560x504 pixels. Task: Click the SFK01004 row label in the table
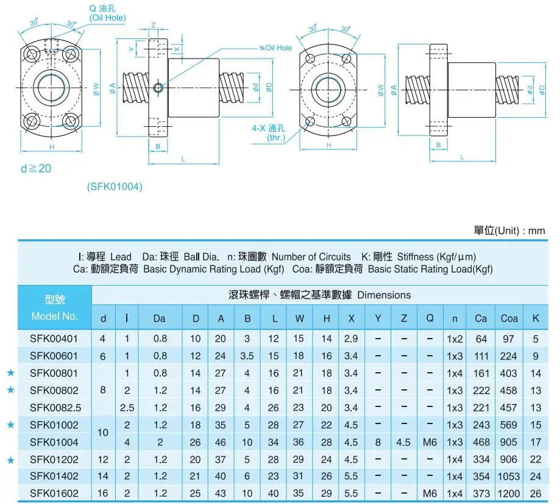tap(54, 442)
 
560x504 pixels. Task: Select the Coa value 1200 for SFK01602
tap(509, 493)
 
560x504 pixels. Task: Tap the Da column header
tap(160, 318)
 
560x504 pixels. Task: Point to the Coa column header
tap(509, 318)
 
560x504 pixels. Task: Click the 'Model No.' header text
tap(54, 316)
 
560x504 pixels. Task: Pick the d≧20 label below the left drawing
tap(36, 168)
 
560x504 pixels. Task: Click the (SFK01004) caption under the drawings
tap(115, 187)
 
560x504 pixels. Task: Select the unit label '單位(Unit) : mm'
tap(509, 231)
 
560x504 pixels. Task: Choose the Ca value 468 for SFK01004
tap(481, 442)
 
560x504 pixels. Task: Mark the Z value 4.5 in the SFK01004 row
tap(403, 442)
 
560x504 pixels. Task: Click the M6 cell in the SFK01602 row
tap(430, 493)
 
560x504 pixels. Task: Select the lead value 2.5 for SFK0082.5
tap(127, 408)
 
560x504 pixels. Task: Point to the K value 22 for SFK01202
tap(536, 459)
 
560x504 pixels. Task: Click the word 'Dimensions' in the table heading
tap(384, 295)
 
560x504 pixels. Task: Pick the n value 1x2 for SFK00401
tap(455, 339)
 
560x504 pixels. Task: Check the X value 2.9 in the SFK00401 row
tap(351, 339)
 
